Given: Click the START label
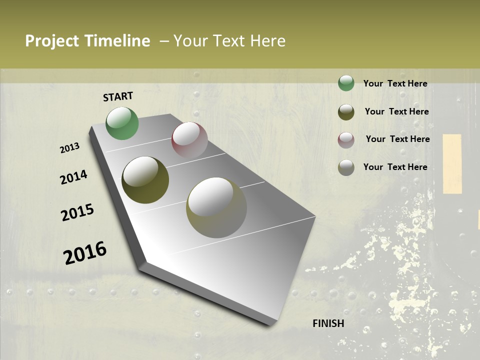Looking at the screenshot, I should pyautogui.click(x=118, y=96).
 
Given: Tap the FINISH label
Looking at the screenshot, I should pyautogui.click(x=328, y=323).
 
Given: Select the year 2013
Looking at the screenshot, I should pyautogui.click(x=69, y=148).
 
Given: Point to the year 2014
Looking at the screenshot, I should pyautogui.click(x=73, y=177).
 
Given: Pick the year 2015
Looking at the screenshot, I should pyautogui.click(x=77, y=212).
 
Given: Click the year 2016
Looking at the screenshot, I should pyautogui.click(x=85, y=253).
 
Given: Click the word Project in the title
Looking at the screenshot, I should pyautogui.click(x=52, y=41).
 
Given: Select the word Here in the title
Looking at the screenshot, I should pyautogui.click(x=267, y=41).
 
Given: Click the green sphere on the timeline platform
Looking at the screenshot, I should pyautogui.click(x=122, y=123).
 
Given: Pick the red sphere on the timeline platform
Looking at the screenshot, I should pyautogui.click(x=189, y=140).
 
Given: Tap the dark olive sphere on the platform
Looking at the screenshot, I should pyautogui.click(x=145, y=180).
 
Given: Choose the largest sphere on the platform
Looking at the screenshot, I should pyautogui.click(x=216, y=207).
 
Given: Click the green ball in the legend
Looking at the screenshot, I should pyautogui.click(x=346, y=83).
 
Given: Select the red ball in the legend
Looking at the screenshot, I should pyautogui.click(x=346, y=140).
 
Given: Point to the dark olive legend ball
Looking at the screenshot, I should pyautogui.click(x=346, y=112).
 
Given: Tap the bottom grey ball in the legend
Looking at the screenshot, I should pyautogui.click(x=346, y=167).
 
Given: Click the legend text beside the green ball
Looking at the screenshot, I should pyautogui.click(x=395, y=83).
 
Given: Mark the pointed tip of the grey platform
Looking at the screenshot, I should pyautogui.click(x=272, y=324).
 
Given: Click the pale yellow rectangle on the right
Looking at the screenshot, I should pyautogui.click(x=452, y=163).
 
